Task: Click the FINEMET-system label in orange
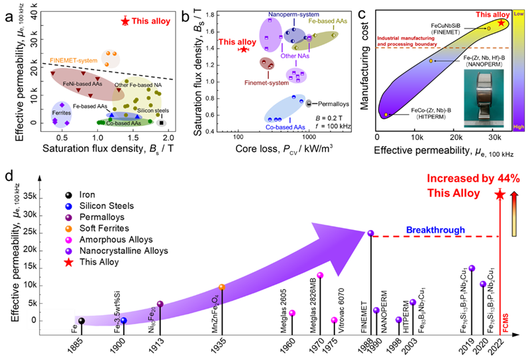(73, 60)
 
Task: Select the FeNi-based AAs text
(81, 84)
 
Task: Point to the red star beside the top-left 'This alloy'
(125, 21)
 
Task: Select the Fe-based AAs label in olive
(328, 21)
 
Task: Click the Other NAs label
(295, 56)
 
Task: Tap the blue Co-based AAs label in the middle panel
(286, 127)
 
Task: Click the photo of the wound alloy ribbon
(484, 98)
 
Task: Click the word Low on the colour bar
(519, 13)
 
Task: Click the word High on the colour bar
(519, 127)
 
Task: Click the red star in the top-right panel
(502, 23)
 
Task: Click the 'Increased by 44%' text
(473, 178)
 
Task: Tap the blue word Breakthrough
(435, 230)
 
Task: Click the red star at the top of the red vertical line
(500, 196)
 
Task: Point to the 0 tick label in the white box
(33, 320)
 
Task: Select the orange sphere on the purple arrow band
(222, 287)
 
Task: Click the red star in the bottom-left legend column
(69, 263)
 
